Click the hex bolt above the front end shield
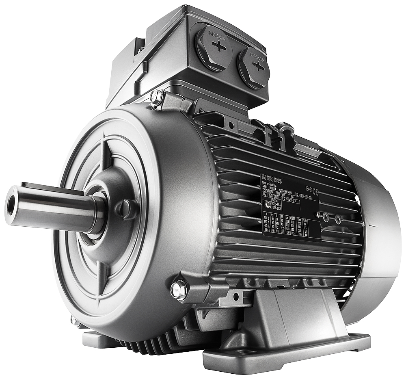click(156, 97)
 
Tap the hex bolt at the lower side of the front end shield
click(178, 290)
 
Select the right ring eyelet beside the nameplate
click(338, 220)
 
